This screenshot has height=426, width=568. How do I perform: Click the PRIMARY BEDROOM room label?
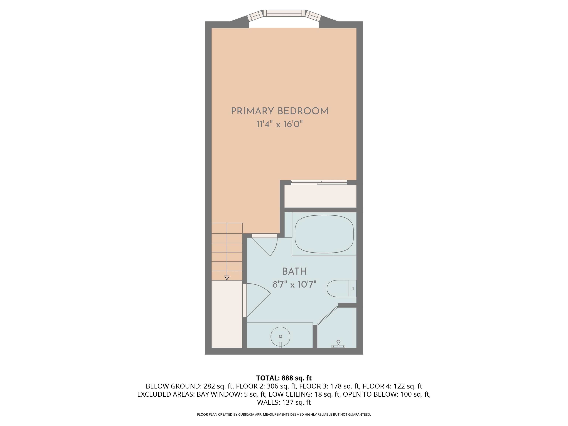[280, 111]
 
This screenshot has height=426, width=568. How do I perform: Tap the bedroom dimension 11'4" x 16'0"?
[280, 125]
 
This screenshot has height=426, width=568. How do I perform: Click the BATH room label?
[295, 271]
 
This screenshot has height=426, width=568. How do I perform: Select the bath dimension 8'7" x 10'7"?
[295, 285]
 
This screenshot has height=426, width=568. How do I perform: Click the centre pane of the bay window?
[284, 13]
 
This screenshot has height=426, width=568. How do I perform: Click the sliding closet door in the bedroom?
[319, 182]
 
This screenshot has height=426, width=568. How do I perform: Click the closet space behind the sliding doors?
[320, 196]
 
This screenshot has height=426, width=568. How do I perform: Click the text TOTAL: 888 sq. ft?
[284, 378]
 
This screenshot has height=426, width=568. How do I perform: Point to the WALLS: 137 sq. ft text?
[284, 402]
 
